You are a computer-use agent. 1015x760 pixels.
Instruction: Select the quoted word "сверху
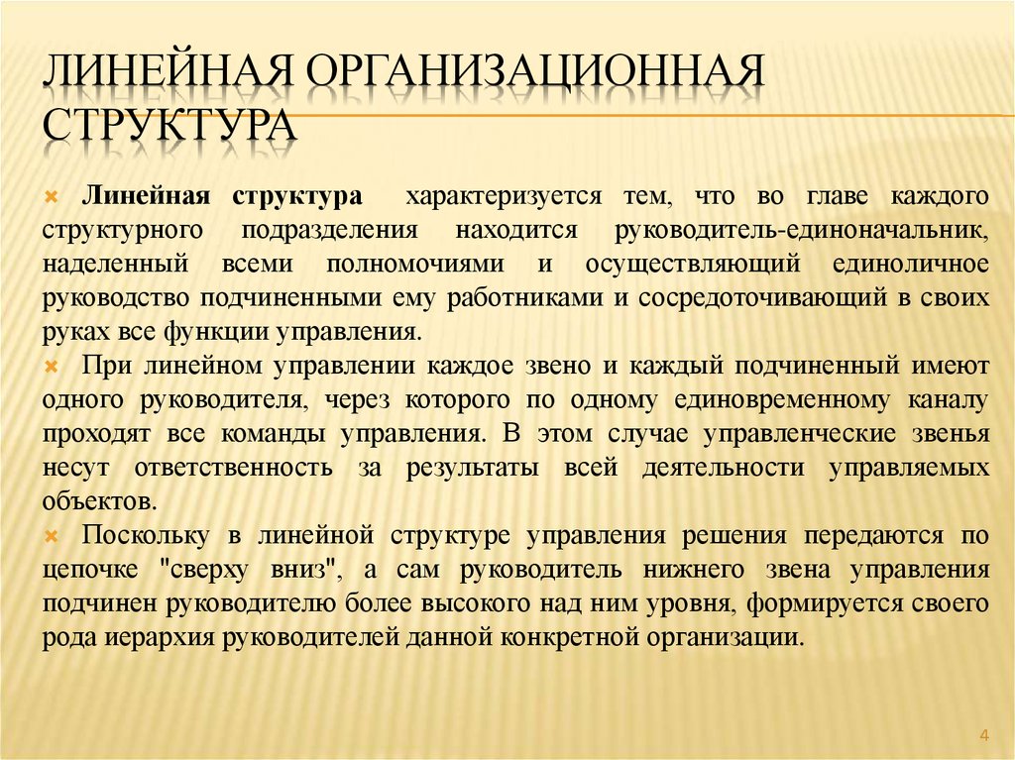(212, 571)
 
